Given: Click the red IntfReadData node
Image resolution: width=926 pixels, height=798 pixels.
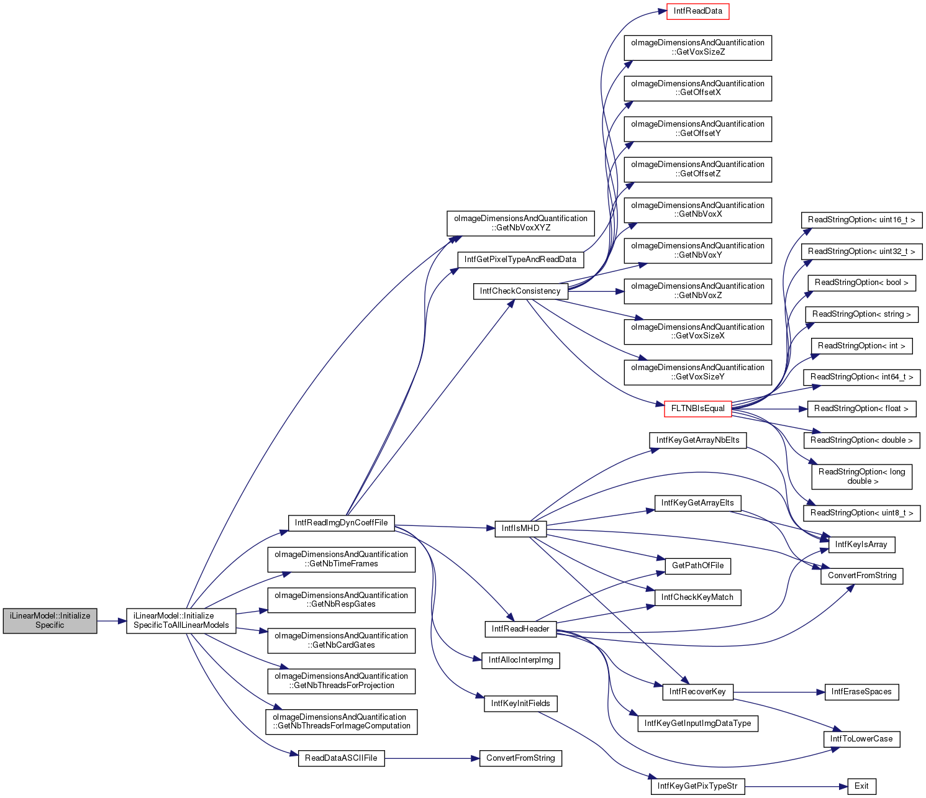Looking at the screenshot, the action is point(697,11).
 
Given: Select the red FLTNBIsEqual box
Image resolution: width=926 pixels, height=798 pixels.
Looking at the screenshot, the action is point(697,409).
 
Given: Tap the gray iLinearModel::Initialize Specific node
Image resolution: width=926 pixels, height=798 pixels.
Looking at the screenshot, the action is point(50,620).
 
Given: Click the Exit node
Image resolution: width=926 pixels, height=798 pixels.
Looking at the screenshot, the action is point(861,786).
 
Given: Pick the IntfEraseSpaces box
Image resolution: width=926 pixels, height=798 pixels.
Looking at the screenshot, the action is point(861,692).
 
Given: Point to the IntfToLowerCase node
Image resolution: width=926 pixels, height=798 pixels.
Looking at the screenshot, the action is point(861,739).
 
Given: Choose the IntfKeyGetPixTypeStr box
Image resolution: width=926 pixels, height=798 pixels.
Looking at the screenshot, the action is point(697,786).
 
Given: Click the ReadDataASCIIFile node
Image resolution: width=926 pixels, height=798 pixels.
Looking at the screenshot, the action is point(341,758).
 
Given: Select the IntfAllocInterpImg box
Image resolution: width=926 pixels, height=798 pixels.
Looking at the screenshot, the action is point(520,660).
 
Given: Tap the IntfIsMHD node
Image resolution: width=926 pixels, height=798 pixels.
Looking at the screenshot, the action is point(520,528).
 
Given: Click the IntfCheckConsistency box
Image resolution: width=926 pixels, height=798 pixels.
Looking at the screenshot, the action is point(520,291).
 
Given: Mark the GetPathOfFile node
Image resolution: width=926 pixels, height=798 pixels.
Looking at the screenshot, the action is point(697,566).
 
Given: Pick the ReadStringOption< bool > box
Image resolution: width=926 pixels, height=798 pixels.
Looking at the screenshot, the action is point(861,283).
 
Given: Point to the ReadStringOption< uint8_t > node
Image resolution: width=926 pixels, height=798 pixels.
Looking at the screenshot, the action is point(861,513).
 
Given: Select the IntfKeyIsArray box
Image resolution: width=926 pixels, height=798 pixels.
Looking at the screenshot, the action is point(861,545).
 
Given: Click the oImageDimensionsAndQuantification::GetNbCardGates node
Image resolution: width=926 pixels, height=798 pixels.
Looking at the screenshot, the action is point(342,641).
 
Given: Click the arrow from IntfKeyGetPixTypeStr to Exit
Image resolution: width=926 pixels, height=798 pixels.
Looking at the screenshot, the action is point(796,786).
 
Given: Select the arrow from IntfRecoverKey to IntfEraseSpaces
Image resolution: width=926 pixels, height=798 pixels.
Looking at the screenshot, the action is point(779,692).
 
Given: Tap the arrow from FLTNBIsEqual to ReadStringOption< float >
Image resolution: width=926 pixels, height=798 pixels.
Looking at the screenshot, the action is point(769,409).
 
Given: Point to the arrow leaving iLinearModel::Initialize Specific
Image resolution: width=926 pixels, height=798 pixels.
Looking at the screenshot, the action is point(112,621).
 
